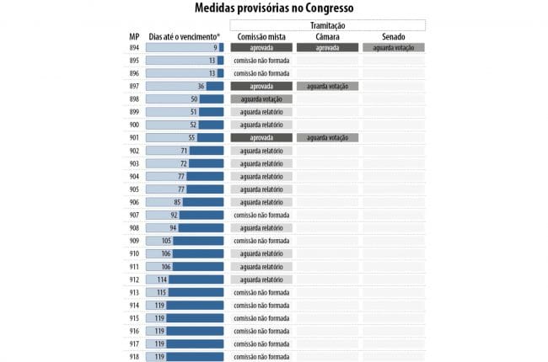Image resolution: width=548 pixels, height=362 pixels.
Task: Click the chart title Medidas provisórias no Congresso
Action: coord(274,8)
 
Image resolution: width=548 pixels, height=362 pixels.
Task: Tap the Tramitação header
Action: coord(326,25)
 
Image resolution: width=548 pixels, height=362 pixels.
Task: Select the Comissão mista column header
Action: coord(261,37)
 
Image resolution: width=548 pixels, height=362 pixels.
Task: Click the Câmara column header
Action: coord(327,37)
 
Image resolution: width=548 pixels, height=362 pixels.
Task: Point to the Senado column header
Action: coord(394,37)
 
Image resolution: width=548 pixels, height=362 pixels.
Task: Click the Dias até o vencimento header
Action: coord(184,37)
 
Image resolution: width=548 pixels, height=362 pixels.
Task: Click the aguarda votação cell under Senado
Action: coord(394,48)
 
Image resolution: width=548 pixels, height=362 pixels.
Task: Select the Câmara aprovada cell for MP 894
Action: coord(327,48)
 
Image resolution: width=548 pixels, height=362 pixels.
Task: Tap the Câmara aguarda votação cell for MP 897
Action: coord(327,87)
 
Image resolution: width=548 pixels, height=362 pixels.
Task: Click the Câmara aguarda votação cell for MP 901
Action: coord(327,138)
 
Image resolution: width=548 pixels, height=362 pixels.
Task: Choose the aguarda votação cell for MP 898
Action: coord(261,99)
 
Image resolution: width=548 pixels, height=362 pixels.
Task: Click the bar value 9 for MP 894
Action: coord(215,48)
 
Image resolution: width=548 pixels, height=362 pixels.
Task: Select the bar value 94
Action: coord(173,228)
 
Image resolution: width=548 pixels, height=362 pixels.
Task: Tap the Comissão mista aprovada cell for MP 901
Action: coord(261,138)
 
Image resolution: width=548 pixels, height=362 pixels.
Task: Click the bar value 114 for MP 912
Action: coord(163,279)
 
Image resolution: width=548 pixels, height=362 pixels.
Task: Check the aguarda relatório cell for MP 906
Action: coord(261,202)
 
